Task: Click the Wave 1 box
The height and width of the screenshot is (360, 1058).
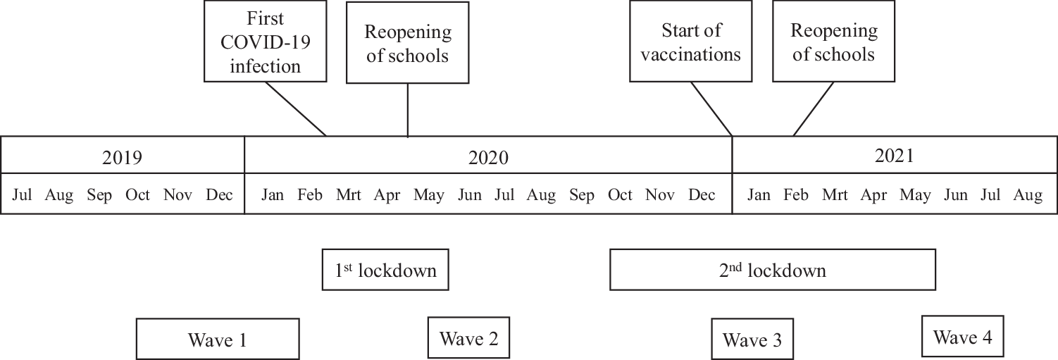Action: [x=218, y=339]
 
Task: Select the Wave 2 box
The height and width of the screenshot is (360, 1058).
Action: [x=468, y=337]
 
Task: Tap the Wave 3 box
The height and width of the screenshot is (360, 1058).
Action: [x=752, y=340]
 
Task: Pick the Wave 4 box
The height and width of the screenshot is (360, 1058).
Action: [x=962, y=336]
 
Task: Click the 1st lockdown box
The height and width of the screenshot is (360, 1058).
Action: [x=385, y=269]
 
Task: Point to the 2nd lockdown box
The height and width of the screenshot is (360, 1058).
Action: [x=772, y=269]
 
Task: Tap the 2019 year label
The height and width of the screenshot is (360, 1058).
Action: [x=122, y=156]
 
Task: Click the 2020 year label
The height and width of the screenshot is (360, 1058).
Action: [x=488, y=156]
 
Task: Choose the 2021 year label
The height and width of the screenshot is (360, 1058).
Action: [x=894, y=156]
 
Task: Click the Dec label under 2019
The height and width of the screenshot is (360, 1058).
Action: [x=219, y=195]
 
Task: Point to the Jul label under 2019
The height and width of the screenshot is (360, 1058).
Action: [x=23, y=195]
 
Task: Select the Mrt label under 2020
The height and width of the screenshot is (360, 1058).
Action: [x=349, y=195]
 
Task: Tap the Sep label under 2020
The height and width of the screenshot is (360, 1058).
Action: [x=581, y=195]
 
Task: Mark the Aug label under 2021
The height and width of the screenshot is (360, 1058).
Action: [x=1028, y=195]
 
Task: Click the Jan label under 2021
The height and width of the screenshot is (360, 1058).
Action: [x=759, y=195]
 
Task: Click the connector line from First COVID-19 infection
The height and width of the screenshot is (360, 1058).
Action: [x=296, y=108]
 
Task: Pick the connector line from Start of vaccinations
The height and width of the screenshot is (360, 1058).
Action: [x=712, y=108]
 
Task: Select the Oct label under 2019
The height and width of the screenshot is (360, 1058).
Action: [x=137, y=195]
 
